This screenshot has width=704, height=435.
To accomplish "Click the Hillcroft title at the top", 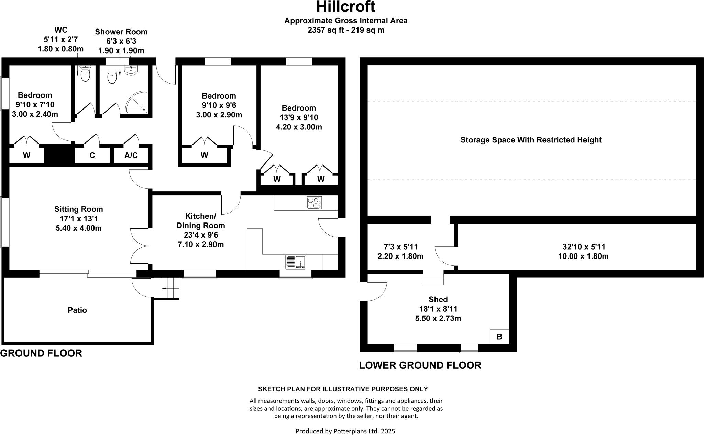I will point(345,7).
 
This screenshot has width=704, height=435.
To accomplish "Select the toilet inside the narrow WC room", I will point(85,74).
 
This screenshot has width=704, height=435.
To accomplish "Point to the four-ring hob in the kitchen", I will point(314,203).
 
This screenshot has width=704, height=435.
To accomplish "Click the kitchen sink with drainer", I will point(295,262).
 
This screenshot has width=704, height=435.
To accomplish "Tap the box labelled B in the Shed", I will point(499,337).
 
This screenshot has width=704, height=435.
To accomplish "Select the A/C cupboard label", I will point(131,156).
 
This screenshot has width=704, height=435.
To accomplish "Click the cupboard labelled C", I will point(92,156).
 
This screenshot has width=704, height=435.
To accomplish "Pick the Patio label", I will point(77,310).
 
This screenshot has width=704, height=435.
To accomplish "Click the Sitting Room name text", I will point(78,209).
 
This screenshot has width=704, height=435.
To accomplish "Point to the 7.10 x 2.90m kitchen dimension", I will point(200,244).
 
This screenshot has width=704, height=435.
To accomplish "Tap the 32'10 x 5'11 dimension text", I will point(584,247).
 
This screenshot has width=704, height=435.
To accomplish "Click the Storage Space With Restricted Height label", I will point(531,140).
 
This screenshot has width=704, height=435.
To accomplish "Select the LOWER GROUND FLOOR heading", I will point(420,365).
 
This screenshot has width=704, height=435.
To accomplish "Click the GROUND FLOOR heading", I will point(41,353).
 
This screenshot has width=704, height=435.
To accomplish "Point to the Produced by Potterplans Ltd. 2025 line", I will point(345,431).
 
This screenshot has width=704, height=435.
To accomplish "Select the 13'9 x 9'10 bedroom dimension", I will point(299,117).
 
